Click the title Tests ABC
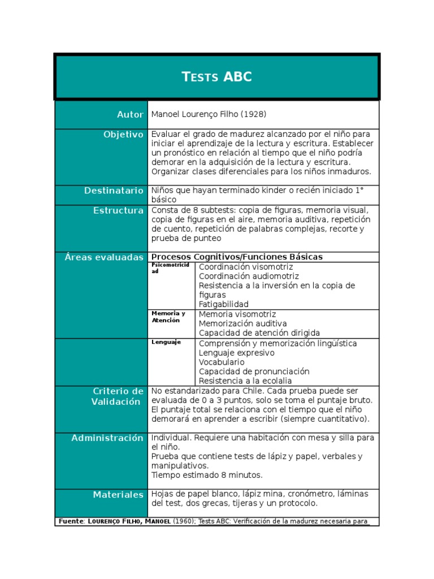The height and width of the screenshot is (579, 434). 217,77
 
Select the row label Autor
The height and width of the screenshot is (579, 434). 130,115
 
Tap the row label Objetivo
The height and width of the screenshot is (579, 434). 123,135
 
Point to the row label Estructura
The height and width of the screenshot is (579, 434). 118,210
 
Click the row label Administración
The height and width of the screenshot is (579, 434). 107,438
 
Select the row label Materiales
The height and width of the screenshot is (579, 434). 118,495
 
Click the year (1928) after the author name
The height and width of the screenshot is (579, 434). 254,115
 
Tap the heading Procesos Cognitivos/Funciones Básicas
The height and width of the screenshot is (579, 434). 237,257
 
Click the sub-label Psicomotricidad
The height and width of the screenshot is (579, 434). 172,268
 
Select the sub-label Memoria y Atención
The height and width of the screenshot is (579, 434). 168,317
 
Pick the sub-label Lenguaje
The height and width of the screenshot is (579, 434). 166,342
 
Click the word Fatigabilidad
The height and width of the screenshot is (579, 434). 223,304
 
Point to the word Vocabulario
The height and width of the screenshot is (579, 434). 222,362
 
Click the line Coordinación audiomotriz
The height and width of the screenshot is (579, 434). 249,276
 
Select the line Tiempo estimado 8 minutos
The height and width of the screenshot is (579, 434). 207,475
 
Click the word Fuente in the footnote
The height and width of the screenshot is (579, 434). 70,521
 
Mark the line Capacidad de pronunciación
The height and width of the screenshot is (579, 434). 254,371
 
